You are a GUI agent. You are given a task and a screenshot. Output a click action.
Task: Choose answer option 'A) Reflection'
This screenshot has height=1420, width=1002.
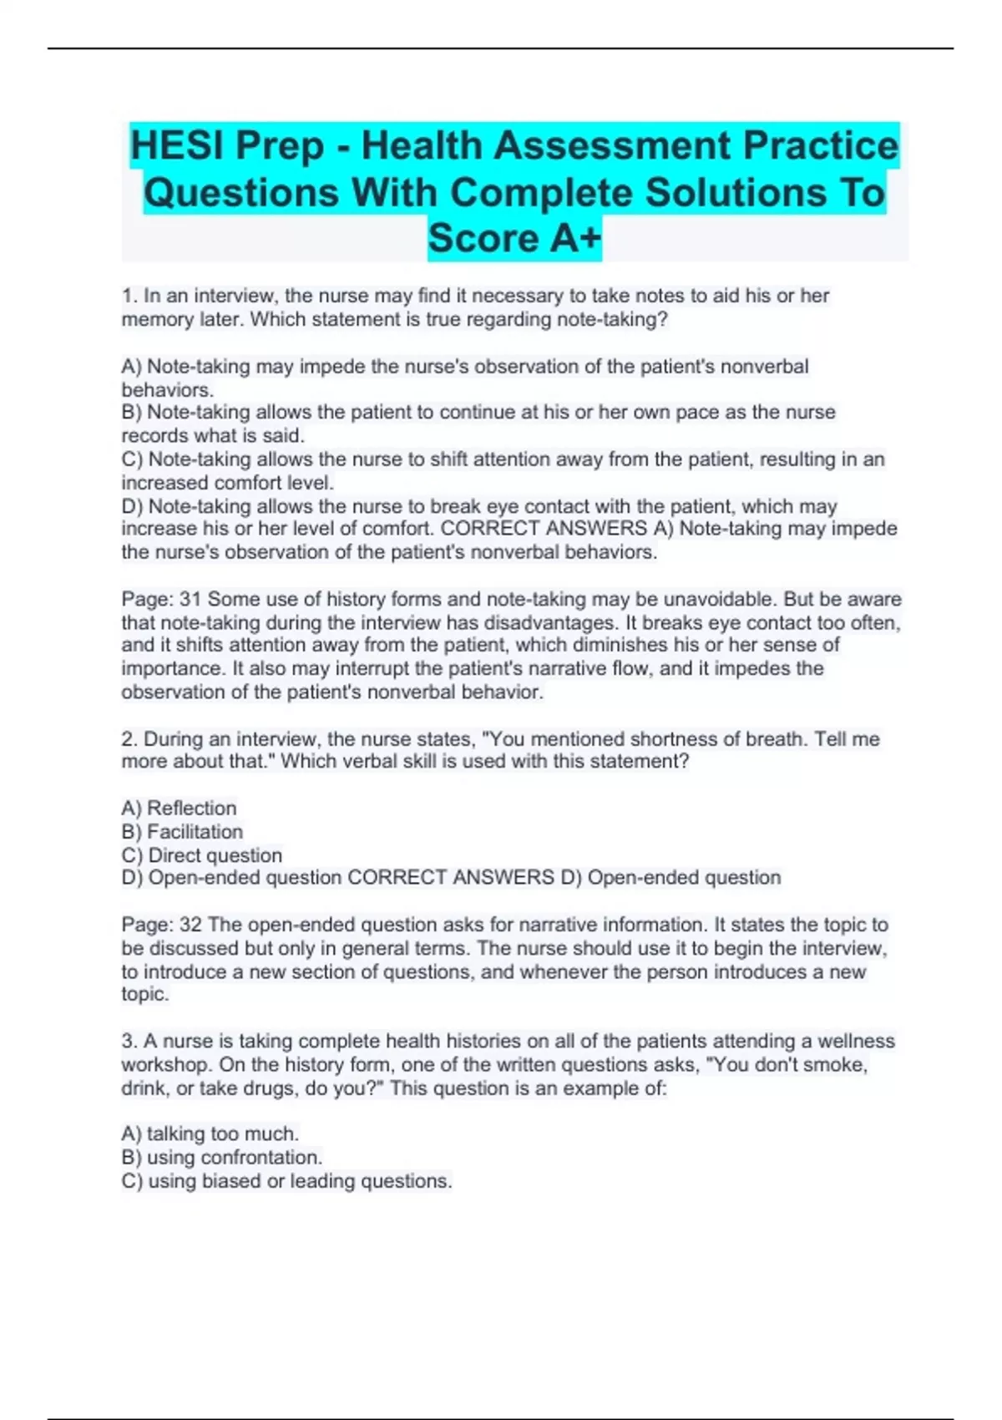(179, 808)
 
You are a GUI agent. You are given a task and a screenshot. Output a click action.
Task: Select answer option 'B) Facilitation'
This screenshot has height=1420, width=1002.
(182, 831)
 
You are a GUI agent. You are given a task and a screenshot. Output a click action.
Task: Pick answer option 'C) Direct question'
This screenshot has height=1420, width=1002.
(201, 855)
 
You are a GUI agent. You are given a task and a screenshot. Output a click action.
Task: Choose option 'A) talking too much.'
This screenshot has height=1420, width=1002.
(210, 1133)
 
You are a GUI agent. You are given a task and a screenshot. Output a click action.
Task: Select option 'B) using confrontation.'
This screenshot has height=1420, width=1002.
(221, 1157)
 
